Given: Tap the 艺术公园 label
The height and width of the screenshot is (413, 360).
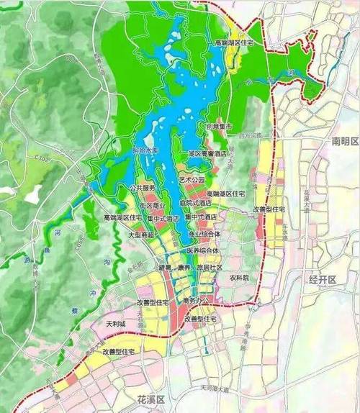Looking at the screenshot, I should point(192,179).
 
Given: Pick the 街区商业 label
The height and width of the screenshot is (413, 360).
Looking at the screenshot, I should point(150,206).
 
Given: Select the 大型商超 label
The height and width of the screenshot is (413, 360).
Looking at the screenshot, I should point(141,235).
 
